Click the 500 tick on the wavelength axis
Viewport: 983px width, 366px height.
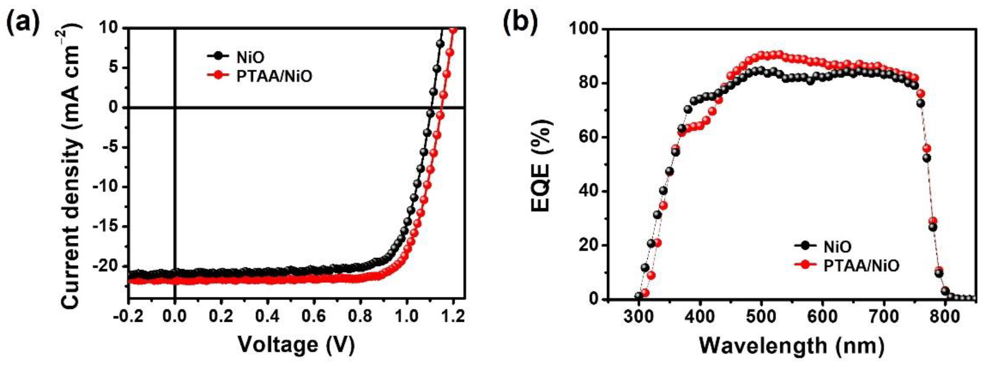tap(761, 316)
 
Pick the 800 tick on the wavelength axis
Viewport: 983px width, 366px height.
tap(945, 316)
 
